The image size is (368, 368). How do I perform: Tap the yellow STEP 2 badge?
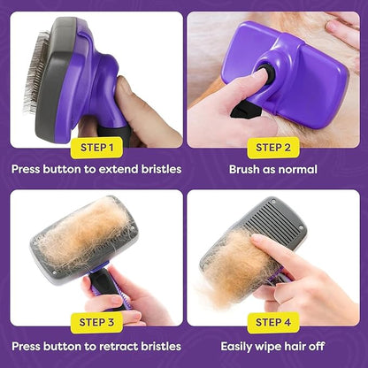point(274,146)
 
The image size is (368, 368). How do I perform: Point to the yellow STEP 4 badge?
point(274,323)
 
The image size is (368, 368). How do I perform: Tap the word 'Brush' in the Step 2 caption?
point(246,168)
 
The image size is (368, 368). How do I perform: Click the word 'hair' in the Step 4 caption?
point(304,345)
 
